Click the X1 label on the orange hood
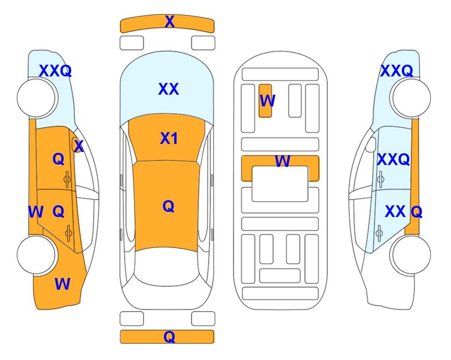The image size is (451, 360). (169, 138)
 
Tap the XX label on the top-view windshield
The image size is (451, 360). (169, 89)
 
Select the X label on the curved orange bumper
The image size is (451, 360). (170, 21)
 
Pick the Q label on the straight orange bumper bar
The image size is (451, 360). (169, 337)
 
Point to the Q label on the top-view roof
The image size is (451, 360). (169, 206)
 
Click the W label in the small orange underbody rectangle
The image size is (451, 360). (267, 100)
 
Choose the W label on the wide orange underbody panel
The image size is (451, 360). (282, 161)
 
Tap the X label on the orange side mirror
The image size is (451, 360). (79, 146)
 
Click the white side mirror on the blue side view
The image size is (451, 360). (370, 144)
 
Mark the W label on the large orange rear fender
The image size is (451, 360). (62, 284)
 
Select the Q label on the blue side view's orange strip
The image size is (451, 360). (416, 212)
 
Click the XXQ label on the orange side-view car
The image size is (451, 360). (55, 71)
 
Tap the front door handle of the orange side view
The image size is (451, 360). (67, 179)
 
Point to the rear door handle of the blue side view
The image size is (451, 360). (379, 233)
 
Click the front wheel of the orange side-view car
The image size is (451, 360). (37, 98)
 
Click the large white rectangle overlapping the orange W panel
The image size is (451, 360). (280, 184)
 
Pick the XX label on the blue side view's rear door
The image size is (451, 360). (395, 211)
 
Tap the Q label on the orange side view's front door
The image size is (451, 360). (59, 159)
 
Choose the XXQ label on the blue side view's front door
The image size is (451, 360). (393, 159)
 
